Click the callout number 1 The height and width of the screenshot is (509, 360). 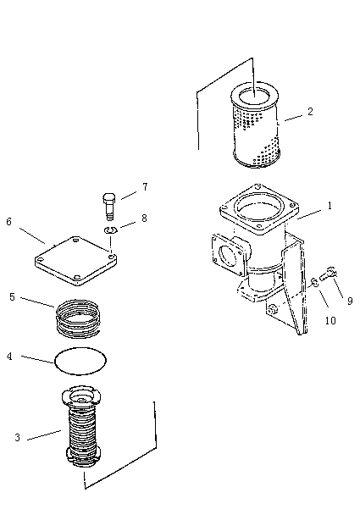coord(330,206)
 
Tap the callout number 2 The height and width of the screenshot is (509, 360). coord(310,111)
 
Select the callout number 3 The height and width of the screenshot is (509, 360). coord(18,438)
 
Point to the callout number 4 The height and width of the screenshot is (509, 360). coord(9,356)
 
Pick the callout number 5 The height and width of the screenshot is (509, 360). coord(12,297)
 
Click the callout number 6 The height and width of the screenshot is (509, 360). coord(8,222)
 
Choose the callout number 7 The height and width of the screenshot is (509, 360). coord(145,187)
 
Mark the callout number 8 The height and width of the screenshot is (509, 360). coord(144,219)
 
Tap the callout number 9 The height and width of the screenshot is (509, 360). coord(350,302)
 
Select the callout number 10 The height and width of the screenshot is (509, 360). coord(330,321)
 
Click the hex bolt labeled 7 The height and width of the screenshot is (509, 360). coord(109,207)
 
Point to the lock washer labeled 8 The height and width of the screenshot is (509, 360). coord(111,230)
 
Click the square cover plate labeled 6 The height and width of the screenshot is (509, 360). coord(76,261)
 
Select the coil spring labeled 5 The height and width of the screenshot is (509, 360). coord(79,318)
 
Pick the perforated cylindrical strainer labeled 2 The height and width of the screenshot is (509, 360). coord(255,125)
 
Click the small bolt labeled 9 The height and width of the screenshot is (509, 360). coord(328,274)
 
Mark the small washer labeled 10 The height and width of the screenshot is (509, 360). coord(314,282)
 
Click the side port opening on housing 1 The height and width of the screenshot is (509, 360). coord(228,256)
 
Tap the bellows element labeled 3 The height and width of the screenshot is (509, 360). coord(82,426)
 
